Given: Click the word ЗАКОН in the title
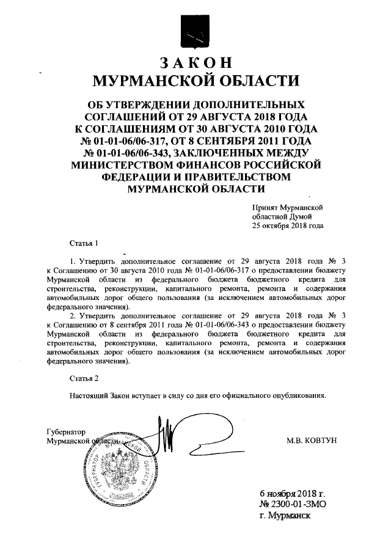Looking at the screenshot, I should tap(196, 64).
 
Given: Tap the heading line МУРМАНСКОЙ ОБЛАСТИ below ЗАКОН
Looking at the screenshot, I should tap(196, 81).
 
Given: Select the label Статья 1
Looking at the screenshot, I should tap(83, 244).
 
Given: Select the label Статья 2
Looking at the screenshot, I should tap(83, 378).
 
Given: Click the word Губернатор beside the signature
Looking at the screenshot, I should tap(67, 431).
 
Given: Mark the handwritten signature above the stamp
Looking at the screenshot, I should tap(165, 435).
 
